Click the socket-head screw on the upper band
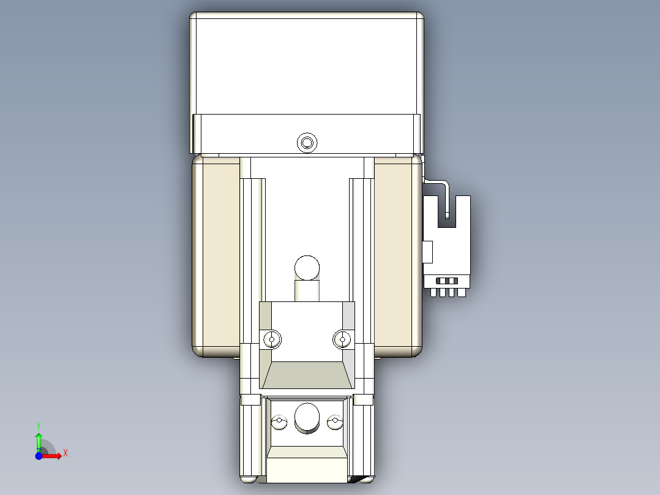tap(307, 143)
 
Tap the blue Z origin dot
tap(39, 456)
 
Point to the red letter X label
tap(66, 453)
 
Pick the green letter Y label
tap(39, 425)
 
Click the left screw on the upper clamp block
tap(272, 338)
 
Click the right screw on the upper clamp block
tap(342, 338)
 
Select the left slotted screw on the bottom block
tap(280, 422)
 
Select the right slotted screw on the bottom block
tap(334, 422)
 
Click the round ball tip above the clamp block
tap(307, 268)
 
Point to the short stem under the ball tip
tap(307, 290)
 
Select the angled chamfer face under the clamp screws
tap(307, 375)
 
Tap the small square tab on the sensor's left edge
tap(427, 251)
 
